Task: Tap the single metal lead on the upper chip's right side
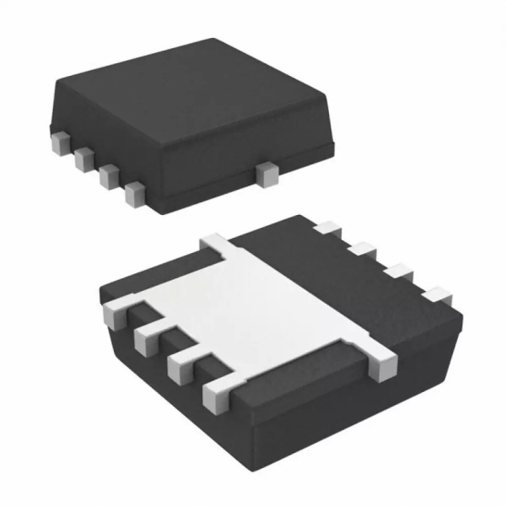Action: (x=268, y=175)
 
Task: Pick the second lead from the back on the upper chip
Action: (x=83, y=158)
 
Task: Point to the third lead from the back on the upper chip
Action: (x=107, y=176)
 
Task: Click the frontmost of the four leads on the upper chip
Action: (x=132, y=195)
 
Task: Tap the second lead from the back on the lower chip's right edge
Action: (x=363, y=249)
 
